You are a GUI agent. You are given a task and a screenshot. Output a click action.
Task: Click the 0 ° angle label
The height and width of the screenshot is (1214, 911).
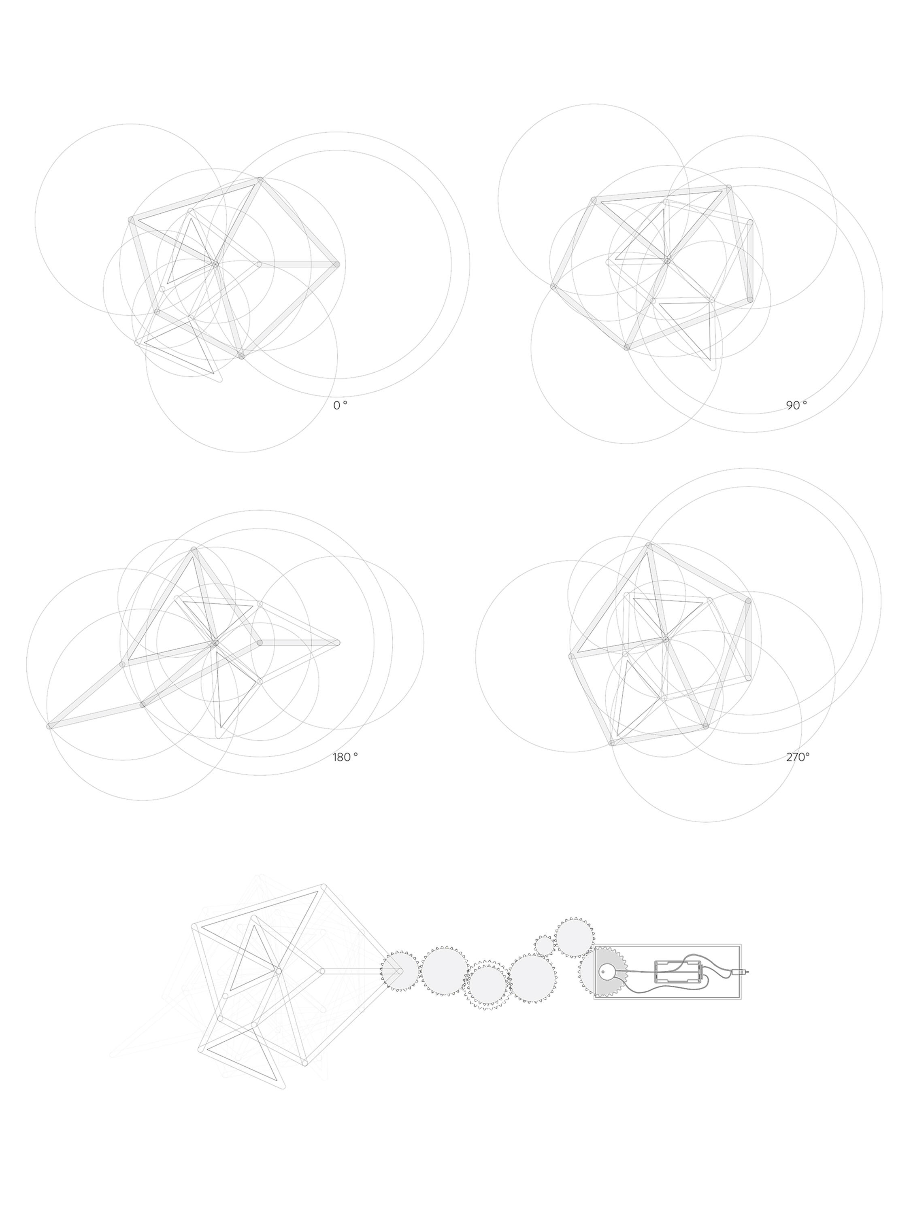pos(340,405)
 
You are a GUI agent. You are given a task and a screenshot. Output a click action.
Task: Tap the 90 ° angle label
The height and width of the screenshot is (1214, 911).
pos(796,405)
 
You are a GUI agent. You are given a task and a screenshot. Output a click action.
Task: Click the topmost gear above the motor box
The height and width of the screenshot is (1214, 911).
pos(574,937)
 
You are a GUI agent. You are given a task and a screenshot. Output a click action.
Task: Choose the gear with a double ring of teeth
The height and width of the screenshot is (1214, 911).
pos(487,985)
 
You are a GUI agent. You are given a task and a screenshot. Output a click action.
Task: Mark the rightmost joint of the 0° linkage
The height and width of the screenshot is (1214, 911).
pos(336,265)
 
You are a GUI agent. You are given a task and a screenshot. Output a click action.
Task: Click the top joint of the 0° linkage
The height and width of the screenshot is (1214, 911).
pos(260,180)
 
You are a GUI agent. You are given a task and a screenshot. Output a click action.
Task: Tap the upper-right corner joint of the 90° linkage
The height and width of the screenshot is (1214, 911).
pos(729,188)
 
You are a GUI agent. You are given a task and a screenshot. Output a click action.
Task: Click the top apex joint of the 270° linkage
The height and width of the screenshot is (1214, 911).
pos(649,545)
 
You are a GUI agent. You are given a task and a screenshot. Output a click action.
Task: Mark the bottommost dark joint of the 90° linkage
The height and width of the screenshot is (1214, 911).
pos(626,347)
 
